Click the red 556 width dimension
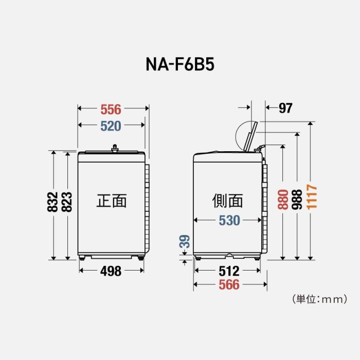[x=111, y=109]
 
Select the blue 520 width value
[x=111, y=126]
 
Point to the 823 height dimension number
[x=67, y=203]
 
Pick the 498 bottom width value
[x=111, y=271]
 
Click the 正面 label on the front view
[x=112, y=201]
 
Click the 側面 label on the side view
[x=227, y=201]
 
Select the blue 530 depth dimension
[x=229, y=220]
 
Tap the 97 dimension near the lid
[x=285, y=108]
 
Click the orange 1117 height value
[x=312, y=196]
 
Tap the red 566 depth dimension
[x=229, y=284]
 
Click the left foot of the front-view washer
[x=83, y=257]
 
